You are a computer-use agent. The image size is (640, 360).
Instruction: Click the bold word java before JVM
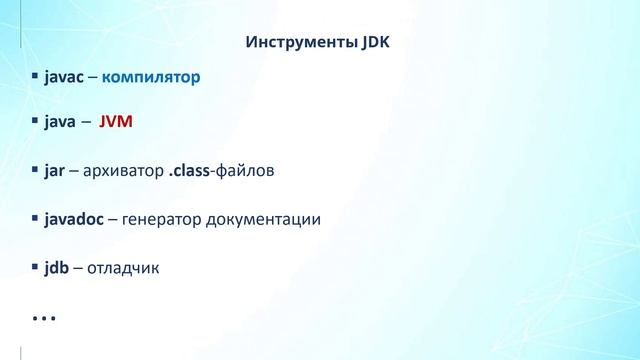point(60,123)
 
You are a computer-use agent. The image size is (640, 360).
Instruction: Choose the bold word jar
point(54,171)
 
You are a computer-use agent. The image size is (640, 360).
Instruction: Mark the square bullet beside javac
point(35,76)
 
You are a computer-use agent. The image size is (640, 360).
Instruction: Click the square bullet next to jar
point(35,170)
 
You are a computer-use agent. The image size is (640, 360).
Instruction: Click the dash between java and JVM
point(87,123)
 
